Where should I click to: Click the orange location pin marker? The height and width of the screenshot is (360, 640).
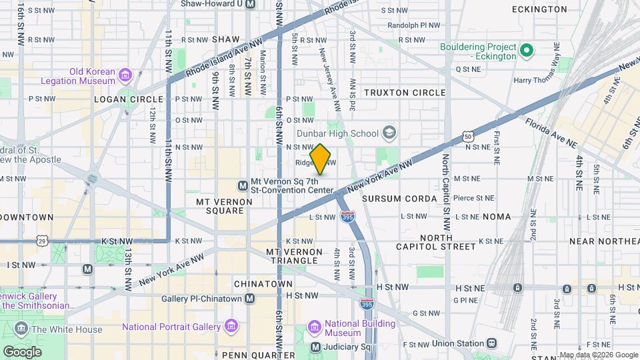pyautogui.click(x=321, y=159)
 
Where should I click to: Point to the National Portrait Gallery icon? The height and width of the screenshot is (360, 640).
pyautogui.click(x=231, y=327)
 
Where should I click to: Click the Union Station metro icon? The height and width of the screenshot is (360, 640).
pyautogui.click(x=491, y=343)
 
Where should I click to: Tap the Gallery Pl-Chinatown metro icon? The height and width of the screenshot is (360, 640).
pyautogui.click(x=249, y=299)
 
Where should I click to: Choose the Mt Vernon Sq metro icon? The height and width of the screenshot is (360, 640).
pyautogui.click(x=242, y=185)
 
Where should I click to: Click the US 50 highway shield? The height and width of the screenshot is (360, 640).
pyautogui.click(x=469, y=137)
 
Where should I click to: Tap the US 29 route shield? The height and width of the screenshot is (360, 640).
pyautogui.click(x=43, y=240)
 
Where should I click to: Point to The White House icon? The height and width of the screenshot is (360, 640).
pyautogui.click(x=21, y=329)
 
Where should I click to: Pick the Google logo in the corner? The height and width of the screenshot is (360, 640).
pyautogui.click(x=22, y=351)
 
